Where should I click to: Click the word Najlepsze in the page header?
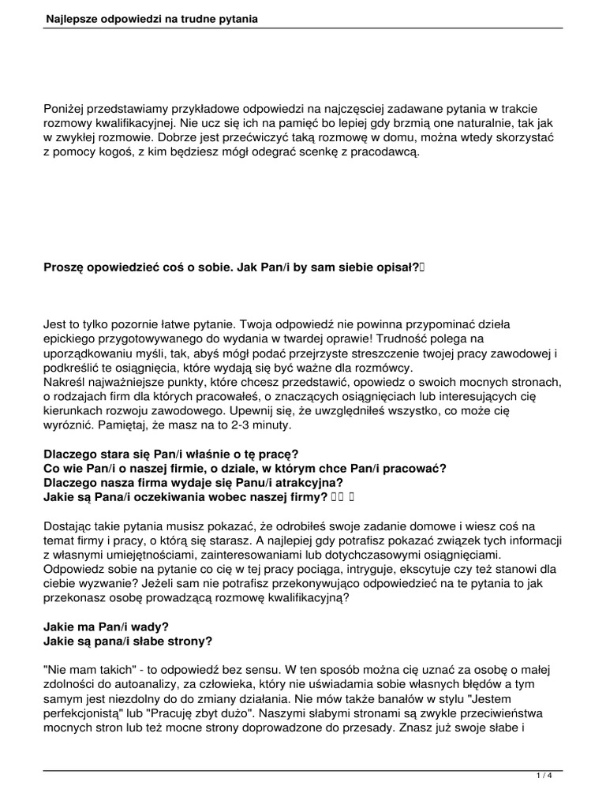tap(72, 17)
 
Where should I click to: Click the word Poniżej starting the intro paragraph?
tap(66, 107)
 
